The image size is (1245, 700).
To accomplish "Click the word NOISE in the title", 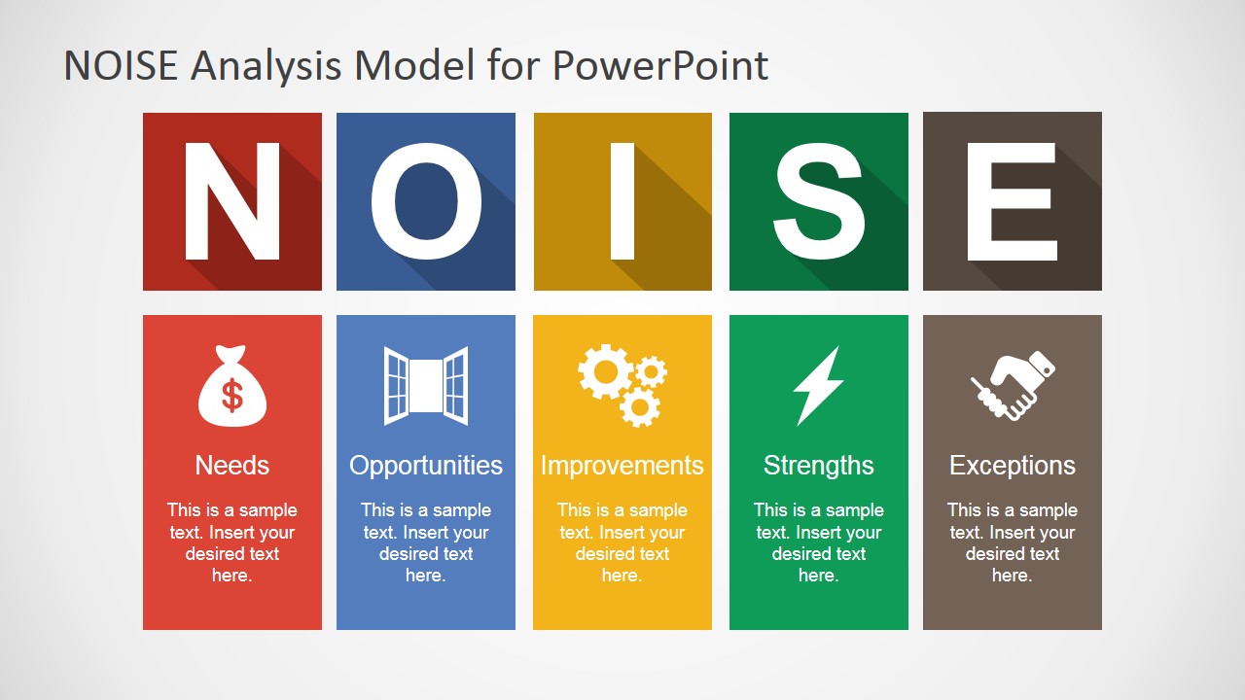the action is tap(121, 65).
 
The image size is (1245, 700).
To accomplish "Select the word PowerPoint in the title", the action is tap(660, 65).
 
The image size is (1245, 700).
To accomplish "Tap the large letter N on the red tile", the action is tap(231, 201).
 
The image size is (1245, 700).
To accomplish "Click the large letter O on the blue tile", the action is tap(426, 201).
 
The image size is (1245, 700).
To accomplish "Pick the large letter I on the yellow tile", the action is tap(622, 201).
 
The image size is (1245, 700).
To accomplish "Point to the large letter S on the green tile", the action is tap(819, 201).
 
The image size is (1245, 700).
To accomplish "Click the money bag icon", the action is tap(232, 386).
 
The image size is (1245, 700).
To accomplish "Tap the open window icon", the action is tap(426, 386).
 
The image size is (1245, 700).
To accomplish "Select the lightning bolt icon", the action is tap(818, 386).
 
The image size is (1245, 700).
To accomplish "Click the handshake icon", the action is tap(1013, 386).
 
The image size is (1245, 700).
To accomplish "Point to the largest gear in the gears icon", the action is tap(605, 371).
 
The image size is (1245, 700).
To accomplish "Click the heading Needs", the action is tap(231, 466).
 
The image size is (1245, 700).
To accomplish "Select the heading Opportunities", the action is tap(426, 467).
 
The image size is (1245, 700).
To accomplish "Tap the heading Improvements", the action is tap(622, 467).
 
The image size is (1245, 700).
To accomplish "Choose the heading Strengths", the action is tap(818, 467).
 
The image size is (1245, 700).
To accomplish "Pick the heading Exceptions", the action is tap(1013, 467).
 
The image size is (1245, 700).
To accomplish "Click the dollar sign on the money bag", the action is tap(232, 396).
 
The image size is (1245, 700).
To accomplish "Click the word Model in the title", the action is tap(414, 65).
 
